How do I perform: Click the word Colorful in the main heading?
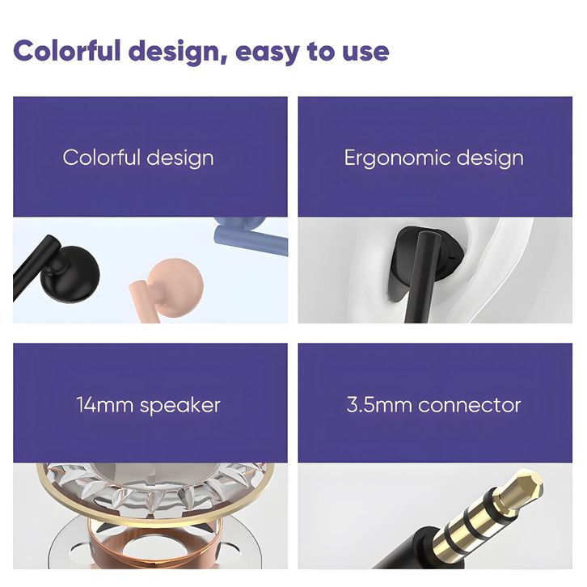pos(67,51)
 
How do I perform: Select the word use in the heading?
pos(365,53)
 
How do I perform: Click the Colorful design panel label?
pos(138,158)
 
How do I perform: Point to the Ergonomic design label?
pos(434,158)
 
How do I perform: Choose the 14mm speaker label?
pos(148,405)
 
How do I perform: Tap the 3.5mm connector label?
pos(434,405)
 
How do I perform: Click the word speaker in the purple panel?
pos(180,406)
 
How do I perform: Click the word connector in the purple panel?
pos(470,405)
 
